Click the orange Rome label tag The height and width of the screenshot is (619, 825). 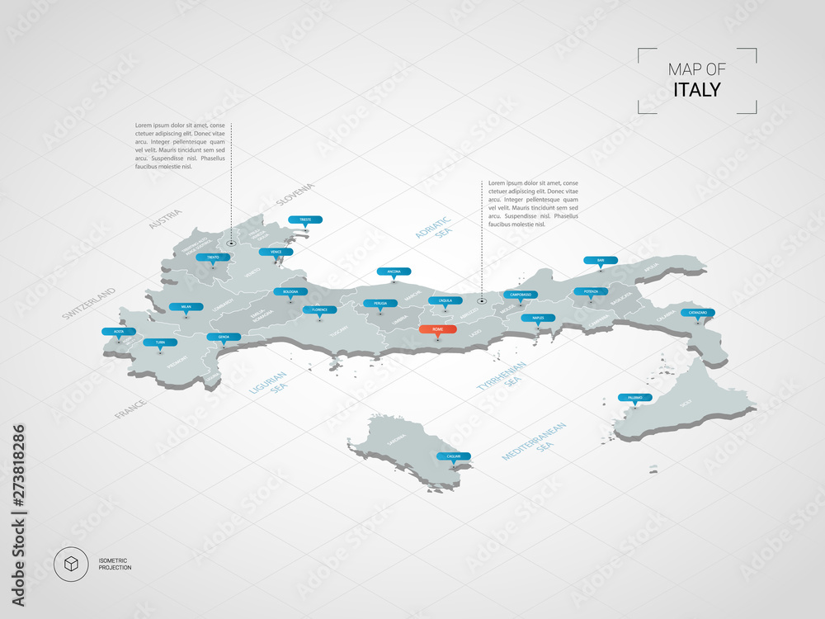[436, 329]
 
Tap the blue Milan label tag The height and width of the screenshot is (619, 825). [185, 307]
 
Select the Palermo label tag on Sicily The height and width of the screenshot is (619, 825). [634, 398]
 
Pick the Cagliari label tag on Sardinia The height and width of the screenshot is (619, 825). [454, 456]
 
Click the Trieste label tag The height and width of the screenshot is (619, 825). [305, 220]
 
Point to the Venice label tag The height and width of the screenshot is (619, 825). [276, 253]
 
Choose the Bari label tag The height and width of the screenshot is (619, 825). [601, 261]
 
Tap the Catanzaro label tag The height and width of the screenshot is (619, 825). [698, 313]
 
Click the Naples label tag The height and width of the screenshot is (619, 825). [538, 318]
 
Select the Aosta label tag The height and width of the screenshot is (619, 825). [119, 332]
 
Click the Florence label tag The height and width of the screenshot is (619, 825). [320, 309]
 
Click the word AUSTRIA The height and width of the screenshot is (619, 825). [165, 219]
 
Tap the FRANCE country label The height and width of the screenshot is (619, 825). [130, 409]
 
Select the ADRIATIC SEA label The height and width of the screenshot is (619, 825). [435, 229]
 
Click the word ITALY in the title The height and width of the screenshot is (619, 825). [696, 89]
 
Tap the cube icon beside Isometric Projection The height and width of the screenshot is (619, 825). [71, 565]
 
